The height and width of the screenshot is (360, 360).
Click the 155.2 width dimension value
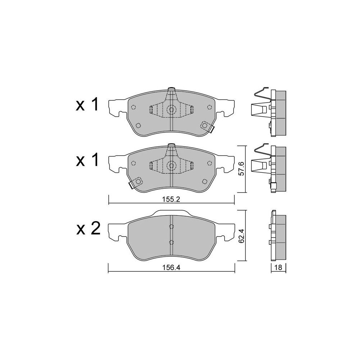pos(171,199)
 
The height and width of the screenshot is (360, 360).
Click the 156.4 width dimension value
pos(171,267)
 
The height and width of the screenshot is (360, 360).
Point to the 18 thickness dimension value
pos(278,267)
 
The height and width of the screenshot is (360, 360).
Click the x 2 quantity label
pos(88,229)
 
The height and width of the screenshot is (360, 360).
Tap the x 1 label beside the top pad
pos(87,104)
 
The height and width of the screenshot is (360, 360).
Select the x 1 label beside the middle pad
pos(87,160)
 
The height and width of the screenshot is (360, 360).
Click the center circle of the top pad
pos(171,109)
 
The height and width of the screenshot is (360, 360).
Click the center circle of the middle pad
pos(171,165)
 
